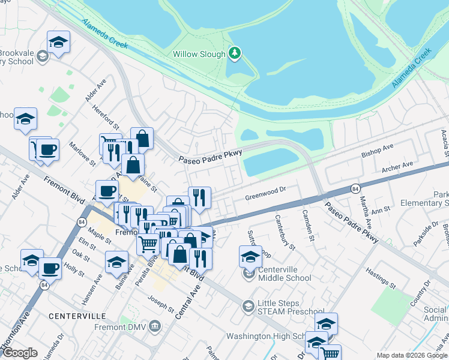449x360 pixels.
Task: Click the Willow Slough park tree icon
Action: pos(235,54)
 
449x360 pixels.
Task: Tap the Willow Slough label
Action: pos(199,54)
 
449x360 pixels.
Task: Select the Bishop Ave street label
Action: pos(377,151)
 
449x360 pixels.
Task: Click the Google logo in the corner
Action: pos(20,353)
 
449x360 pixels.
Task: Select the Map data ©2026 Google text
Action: pos(412,356)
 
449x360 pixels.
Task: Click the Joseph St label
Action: pos(161,306)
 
